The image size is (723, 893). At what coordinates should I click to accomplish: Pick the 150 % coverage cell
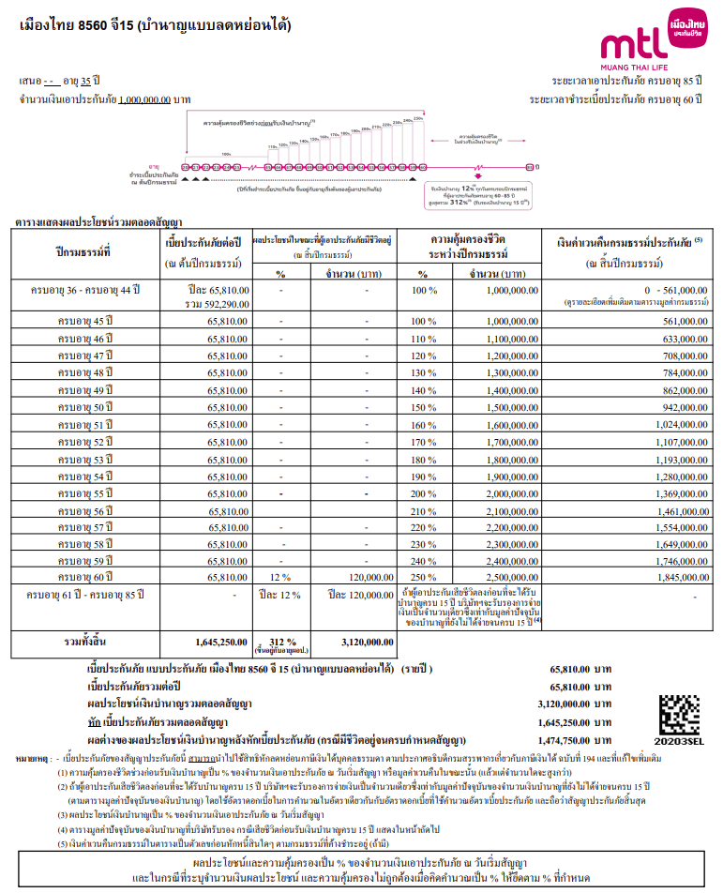tap(426, 406)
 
